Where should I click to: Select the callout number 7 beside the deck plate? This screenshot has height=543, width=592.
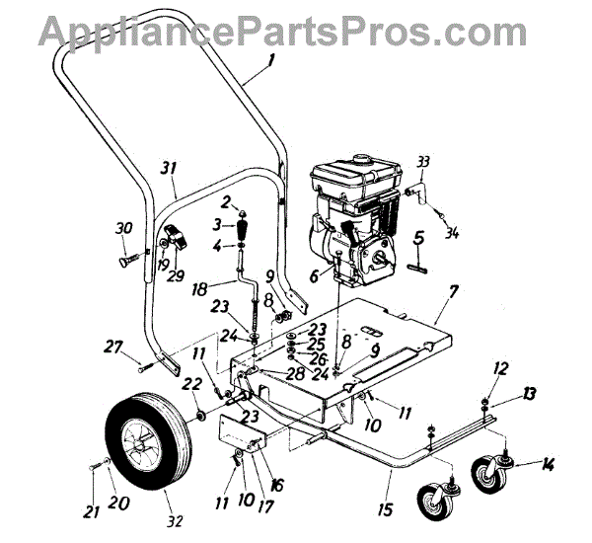pyautogui.click(x=454, y=292)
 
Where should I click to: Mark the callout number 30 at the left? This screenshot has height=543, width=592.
pyautogui.click(x=122, y=229)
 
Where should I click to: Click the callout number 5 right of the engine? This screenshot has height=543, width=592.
pyautogui.click(x=418, y=237)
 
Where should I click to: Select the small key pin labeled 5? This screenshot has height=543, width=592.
pyautogui.click(x=420, y=264)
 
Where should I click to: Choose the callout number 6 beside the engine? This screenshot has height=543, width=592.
pyautogui.click(x=315, y=277)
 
